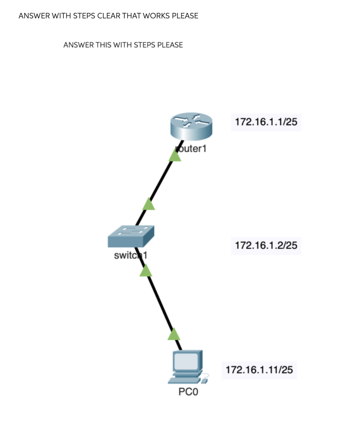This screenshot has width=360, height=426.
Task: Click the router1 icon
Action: pos(191,126)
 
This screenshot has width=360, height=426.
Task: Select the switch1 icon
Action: pos(131,236)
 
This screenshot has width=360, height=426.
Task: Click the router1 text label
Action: pos(191,149)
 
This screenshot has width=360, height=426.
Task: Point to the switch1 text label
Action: pos(130,255)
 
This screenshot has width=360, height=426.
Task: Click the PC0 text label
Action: pos(188,392)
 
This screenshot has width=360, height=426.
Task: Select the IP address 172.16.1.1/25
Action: pos(266,122)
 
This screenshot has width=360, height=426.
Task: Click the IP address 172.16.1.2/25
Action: pos(266,245)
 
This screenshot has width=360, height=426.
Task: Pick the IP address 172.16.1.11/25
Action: pos(259,370)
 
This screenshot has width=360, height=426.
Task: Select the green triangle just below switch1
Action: pos(146,271)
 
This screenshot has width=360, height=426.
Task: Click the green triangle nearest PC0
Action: pos(174,335)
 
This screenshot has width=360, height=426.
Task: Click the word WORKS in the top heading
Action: pos(156,16)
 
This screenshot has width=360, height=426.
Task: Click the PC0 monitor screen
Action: pos(186,361)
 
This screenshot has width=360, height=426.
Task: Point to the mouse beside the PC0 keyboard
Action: pos(204,381)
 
